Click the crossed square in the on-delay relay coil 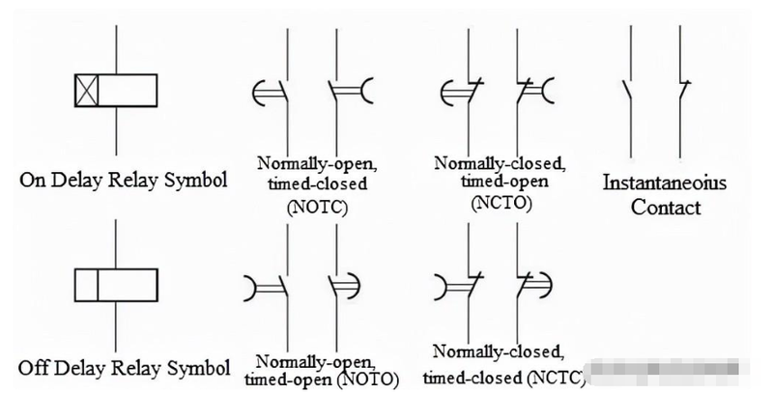(x=87, y=91)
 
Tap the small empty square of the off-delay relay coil (x=86, y=285)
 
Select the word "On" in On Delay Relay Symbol (x=32, y=180)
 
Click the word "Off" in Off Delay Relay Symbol (x=32, y=368)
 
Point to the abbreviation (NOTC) (x=317, y=207)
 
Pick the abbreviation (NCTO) (x=501, y=203)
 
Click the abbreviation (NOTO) (x=370, y=380)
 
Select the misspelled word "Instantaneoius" (x=665, y=183)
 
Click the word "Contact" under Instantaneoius (x=666, y=207)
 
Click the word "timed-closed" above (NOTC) (x=318, y=183)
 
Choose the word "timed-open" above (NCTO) (x=504, y=182)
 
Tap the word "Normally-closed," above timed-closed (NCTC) (x=498, y=352)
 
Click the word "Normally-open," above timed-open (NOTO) (x=316, y=363)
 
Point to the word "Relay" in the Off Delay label (x=138, y=368)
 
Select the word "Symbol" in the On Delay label (x=196, y=180)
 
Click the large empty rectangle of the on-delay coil (x=128, y=91)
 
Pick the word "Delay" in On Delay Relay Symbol (x=77, y=180)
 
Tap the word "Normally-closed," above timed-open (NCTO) (x=500, y=163)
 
